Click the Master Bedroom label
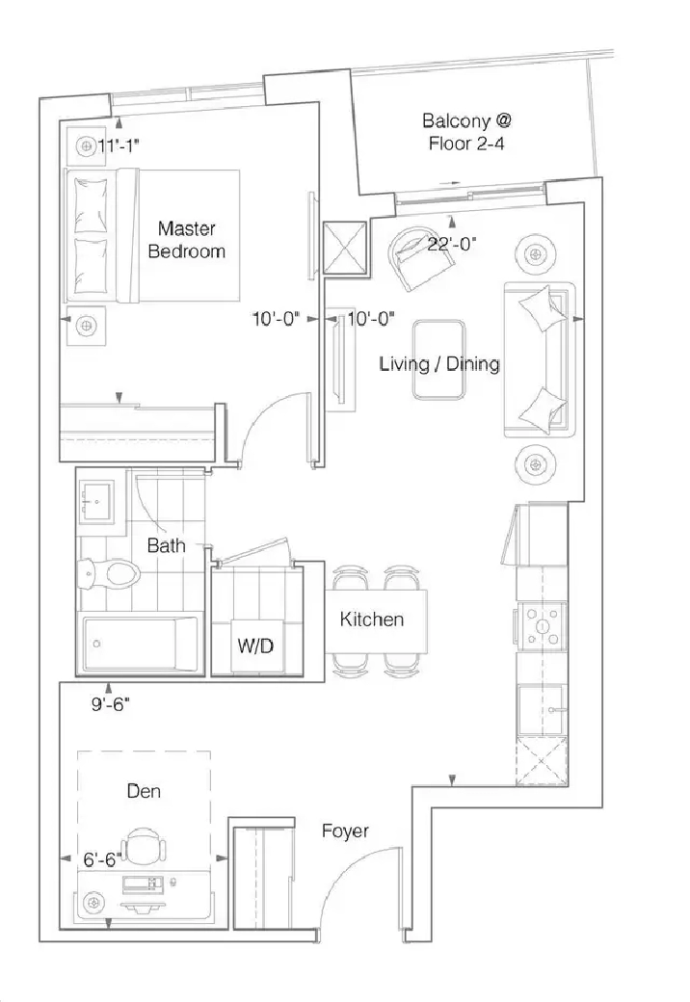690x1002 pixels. [187, 240]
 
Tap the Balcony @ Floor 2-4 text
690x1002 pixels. [466, 132]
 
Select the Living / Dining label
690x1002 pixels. [439, 364]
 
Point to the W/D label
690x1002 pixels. [255, 646]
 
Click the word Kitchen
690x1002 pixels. [371, 619]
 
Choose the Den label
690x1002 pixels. [144, 791]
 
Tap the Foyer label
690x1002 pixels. [345, 831]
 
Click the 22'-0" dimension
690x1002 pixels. [452, 244]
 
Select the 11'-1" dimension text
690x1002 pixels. [119, 145]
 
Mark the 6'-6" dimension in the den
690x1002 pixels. [102, 860]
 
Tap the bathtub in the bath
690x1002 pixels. [140, 643]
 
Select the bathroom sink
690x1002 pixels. [95, 502]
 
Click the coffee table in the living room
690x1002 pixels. [438, 359]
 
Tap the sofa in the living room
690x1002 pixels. [540, 359]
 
